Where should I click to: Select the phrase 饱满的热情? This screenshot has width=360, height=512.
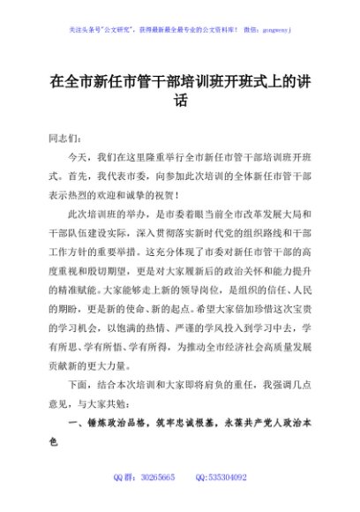161,329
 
